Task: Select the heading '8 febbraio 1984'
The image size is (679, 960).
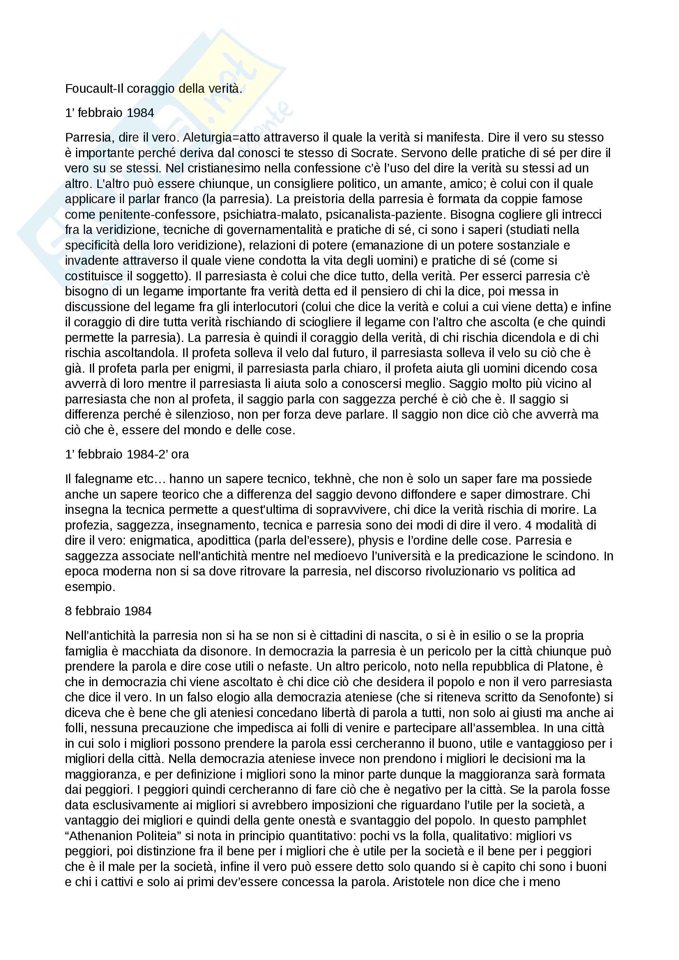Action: (x=108, y=611)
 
